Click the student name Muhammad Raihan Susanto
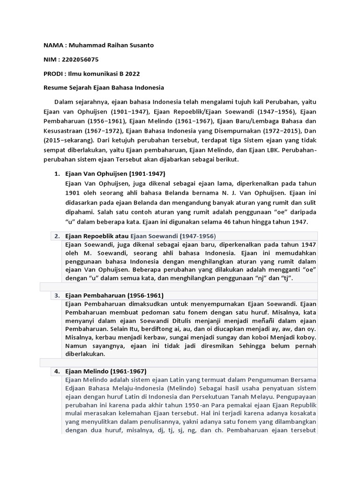[111, 45]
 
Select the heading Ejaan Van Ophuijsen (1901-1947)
[115, 173]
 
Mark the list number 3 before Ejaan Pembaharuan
[57, 295]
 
